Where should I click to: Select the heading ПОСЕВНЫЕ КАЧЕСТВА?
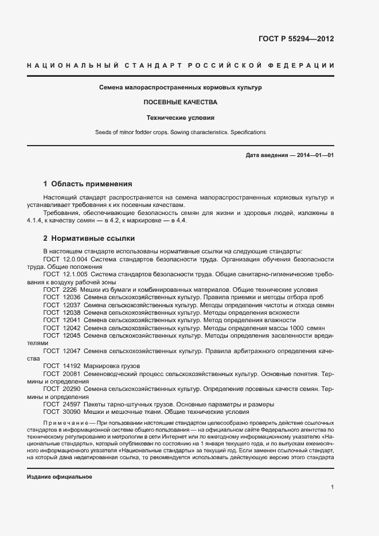click(x=180, y=103)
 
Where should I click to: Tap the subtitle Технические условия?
click(x=180, y=118)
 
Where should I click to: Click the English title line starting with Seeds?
click(x=180, y=132)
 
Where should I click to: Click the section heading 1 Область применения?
click(x=88, y=184)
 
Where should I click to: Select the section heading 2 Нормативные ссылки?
click(x=88, y=237)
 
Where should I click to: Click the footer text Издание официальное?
click(x=60, y=477)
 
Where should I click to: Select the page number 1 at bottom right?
click(x=333, y=487)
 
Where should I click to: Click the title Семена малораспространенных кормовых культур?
click(x=180, y=88)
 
